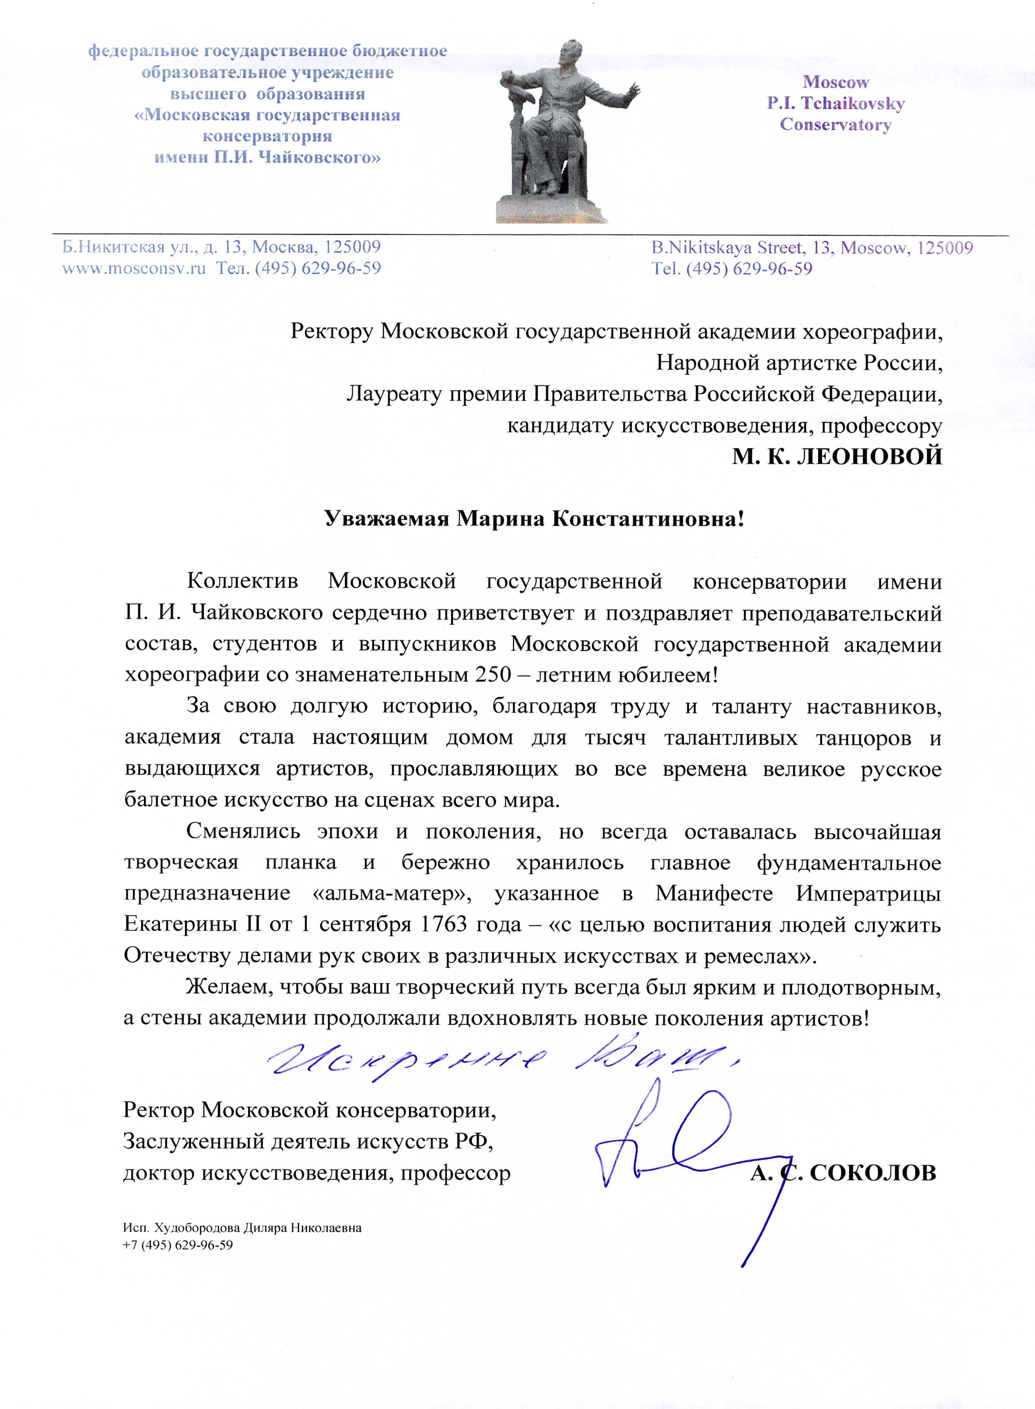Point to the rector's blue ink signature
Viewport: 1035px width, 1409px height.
689,1147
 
